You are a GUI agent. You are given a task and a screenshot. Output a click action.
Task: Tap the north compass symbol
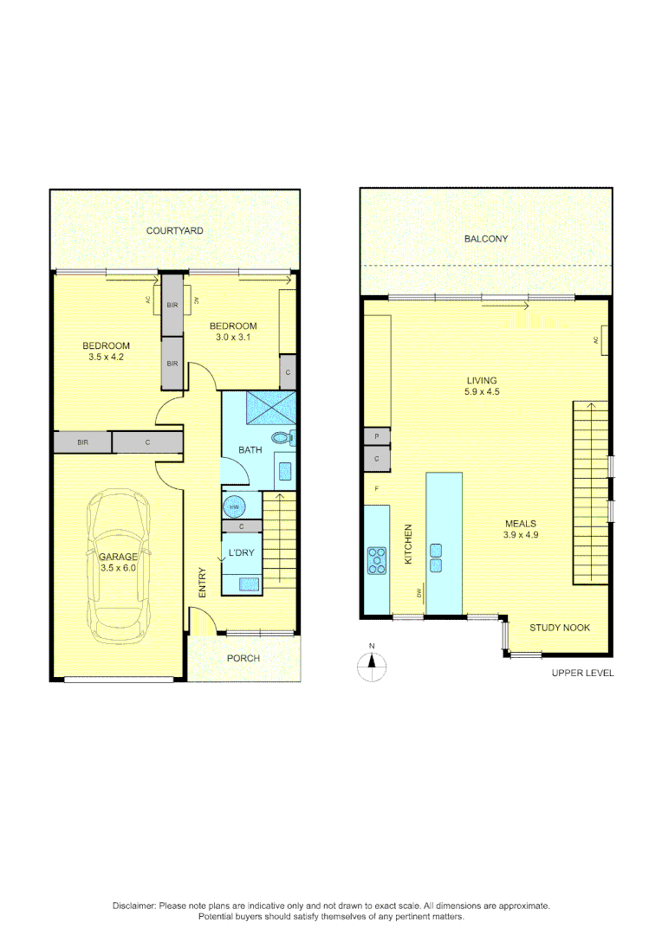[372, 665]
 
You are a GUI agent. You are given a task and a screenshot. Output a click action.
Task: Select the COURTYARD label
[174, 231]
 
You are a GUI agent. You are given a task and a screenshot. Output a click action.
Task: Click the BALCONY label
[486, 239]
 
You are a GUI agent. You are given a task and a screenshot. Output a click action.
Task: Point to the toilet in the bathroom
[282, 439]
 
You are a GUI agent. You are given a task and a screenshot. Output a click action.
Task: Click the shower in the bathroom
[271, 408]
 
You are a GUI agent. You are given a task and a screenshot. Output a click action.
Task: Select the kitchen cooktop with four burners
[378, 560]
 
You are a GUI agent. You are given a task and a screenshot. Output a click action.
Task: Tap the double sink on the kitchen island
[436, 558]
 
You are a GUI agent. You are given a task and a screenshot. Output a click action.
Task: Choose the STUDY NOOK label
[560, 628]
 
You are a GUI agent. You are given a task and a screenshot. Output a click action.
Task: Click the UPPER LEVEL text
[582, 673]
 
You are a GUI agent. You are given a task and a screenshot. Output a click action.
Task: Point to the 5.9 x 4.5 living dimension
[482, 392]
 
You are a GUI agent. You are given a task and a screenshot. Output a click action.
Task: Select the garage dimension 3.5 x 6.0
[117, 569]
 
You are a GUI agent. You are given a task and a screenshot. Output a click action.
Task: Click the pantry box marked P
[377, 437]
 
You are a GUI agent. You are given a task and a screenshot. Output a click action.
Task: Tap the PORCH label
[243, 659]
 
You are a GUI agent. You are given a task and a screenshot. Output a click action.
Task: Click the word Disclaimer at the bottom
[134, 906]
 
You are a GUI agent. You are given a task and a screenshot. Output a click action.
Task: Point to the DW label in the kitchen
[419, 593]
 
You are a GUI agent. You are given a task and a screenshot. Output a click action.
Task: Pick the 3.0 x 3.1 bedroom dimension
[233, 338]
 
